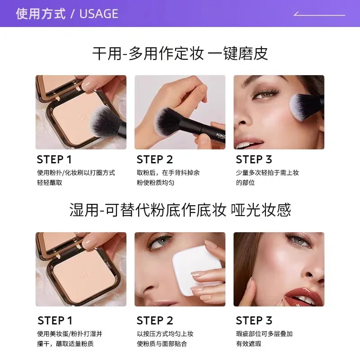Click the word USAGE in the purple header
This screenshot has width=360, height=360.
[99, 14]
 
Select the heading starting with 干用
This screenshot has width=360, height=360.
[180, 54]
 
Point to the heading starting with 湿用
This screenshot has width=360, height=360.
[180, 210]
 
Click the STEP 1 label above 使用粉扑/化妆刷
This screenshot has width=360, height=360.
[54, 160]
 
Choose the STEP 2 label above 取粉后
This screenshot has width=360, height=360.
[155, 160]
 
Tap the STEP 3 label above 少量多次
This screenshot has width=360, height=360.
[254, 160]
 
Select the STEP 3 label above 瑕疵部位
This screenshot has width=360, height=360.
[254, 320]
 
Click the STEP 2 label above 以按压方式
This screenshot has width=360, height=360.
[155, 320]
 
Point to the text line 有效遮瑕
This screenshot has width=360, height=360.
[248, 344]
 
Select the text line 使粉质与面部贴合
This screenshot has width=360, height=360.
[162, 344]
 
